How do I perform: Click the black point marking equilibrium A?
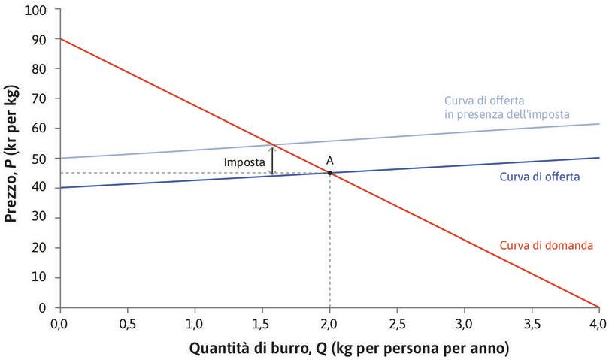click(330, 173)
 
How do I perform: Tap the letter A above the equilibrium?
click(330, 160)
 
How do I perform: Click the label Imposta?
click(244, 162)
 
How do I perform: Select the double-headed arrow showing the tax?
click(272, 160)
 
